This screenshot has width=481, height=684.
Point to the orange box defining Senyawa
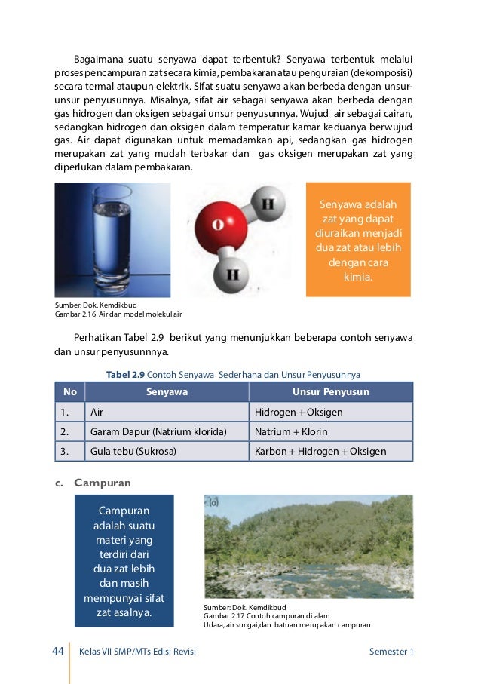(358, 240)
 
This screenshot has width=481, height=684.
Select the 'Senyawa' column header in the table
(167, 392)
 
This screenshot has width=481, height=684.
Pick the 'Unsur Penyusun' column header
(330, 392)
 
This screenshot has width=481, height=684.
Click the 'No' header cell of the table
(70, 392)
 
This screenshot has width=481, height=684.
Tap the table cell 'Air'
(97, 413)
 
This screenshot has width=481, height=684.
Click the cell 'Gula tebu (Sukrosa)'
(133, 452)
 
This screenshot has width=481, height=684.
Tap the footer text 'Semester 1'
(391, 652)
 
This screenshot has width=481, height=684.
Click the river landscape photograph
(308, 546)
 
